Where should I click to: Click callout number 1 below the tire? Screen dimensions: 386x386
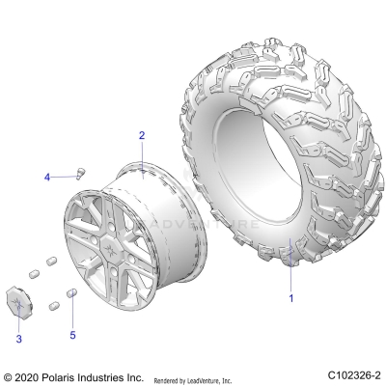coord(290,298)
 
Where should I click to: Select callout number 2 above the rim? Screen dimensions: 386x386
coord(141,135)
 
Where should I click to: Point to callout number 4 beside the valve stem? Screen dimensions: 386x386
coord(45,177)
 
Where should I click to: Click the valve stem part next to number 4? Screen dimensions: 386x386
coord(79,174)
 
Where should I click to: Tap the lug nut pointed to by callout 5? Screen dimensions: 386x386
coord(70,294)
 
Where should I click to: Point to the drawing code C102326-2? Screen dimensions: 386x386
coord(352,374)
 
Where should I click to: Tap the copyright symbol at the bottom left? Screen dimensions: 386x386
coord(9,375)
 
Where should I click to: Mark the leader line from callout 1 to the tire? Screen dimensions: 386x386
coord(290,265)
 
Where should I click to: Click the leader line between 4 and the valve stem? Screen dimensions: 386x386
coord(62,176)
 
